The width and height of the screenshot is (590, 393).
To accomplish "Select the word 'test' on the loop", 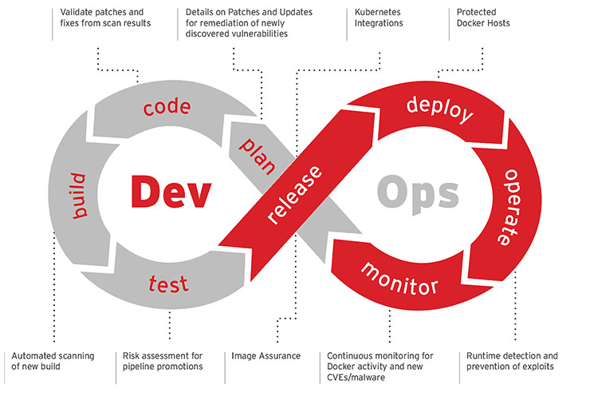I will [169, 283].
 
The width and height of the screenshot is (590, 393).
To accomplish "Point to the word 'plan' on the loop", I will [257, 150].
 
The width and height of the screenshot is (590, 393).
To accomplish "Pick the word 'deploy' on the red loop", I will [439, 109].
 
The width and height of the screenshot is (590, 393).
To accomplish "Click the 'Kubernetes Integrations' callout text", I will [379, 18].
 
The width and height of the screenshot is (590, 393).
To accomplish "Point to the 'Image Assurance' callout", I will [267, 355].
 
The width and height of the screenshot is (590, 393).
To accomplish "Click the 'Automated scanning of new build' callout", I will [53, 361].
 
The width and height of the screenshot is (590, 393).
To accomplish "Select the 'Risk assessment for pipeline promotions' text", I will [163, 361].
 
